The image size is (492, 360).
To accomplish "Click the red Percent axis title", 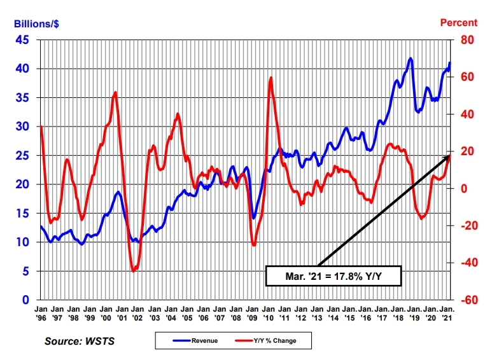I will coord(459,22).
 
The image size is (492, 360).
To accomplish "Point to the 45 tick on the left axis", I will coord(22,39).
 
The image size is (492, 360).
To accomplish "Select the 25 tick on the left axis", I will coord(22,155).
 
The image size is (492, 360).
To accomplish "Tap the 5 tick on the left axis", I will coord(25,271).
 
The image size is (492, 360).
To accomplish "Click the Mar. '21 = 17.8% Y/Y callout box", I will coord(333,276).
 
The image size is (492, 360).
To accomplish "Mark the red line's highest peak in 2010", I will coord(271,78).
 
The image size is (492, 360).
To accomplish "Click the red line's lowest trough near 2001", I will coord(134,272).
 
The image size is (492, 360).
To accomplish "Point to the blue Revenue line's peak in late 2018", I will coord(411,59).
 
